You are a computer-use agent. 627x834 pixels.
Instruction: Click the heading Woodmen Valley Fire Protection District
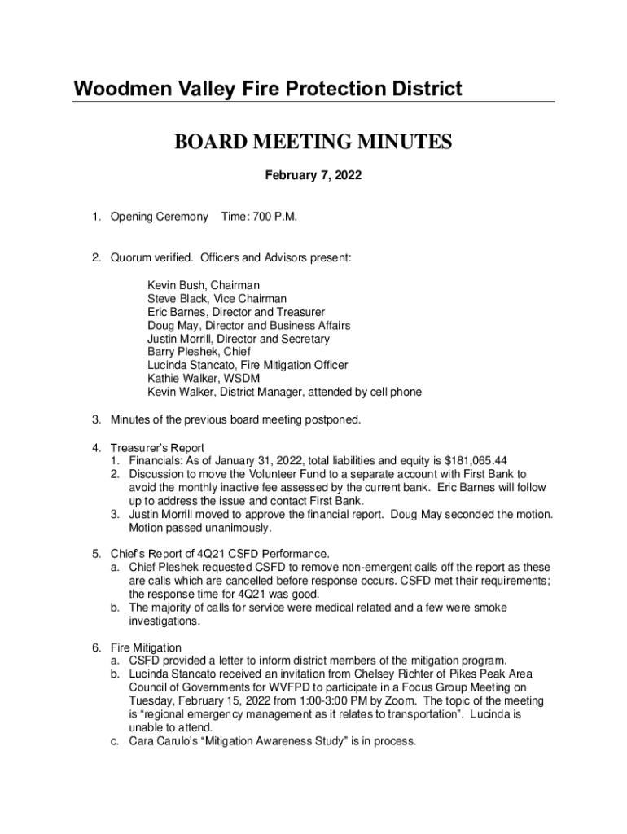[x=268, y=89]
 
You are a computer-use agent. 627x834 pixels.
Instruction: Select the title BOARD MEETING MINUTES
[x=313, y=143]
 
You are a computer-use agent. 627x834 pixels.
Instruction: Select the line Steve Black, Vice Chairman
[x=217, y=299]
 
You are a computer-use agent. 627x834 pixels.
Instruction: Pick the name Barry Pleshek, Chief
[x=193, y=352]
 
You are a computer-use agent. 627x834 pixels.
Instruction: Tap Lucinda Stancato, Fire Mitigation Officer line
[x=248, y=366]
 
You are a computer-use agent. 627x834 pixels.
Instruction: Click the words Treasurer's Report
[x=158, y=447]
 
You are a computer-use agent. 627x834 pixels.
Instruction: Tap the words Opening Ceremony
[x=160, y=217]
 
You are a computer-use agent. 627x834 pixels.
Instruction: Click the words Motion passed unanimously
[x=195, y=527]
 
